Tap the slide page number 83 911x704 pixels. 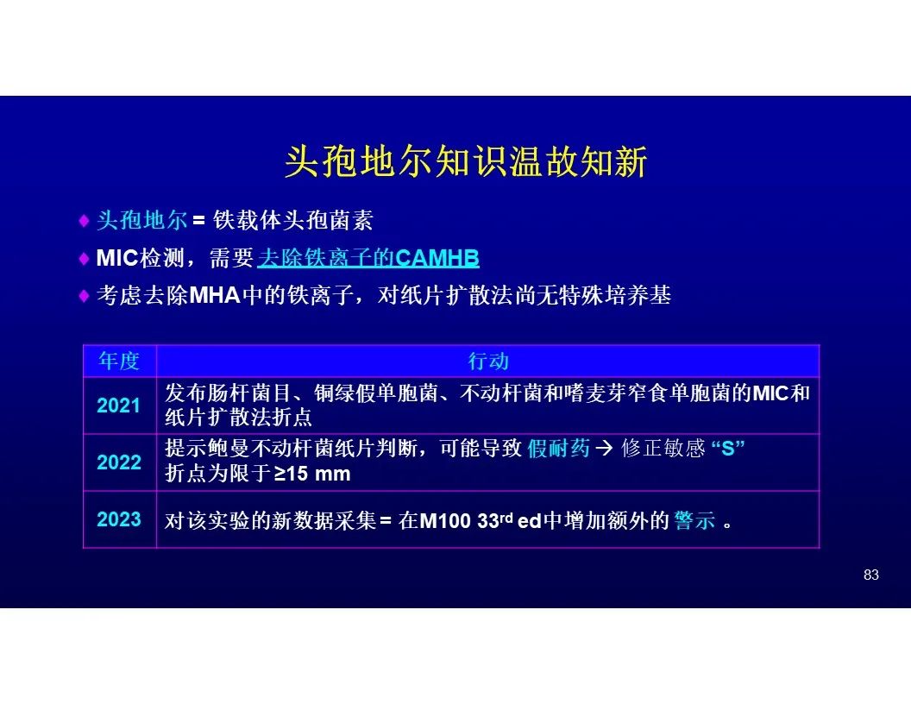(x=871, y=575)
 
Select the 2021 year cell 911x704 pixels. (x=118, y=405)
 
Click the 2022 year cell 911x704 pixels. (x=119, y=462)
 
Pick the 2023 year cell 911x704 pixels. (x=119, y=519)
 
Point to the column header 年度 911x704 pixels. (x=119, y=361)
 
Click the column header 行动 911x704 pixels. (x=488, y=361)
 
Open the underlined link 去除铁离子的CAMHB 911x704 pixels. (x=368, y=257)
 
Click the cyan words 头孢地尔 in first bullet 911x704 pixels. (x=141, y=220)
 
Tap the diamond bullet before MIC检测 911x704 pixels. (x=84, y=258)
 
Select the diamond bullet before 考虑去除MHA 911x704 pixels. (x=84, y=296)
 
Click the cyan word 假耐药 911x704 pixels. (x=559, y=449)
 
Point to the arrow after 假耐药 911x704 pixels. (x=604, y=449)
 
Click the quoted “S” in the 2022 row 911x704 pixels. (x=728, y=448)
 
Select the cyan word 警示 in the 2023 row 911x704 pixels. (x=694, y=520)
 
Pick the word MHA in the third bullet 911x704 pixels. (x=215, y=296)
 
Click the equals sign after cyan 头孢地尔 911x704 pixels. (x=199, y=221)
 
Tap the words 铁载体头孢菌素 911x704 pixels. (x=292, y=220)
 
